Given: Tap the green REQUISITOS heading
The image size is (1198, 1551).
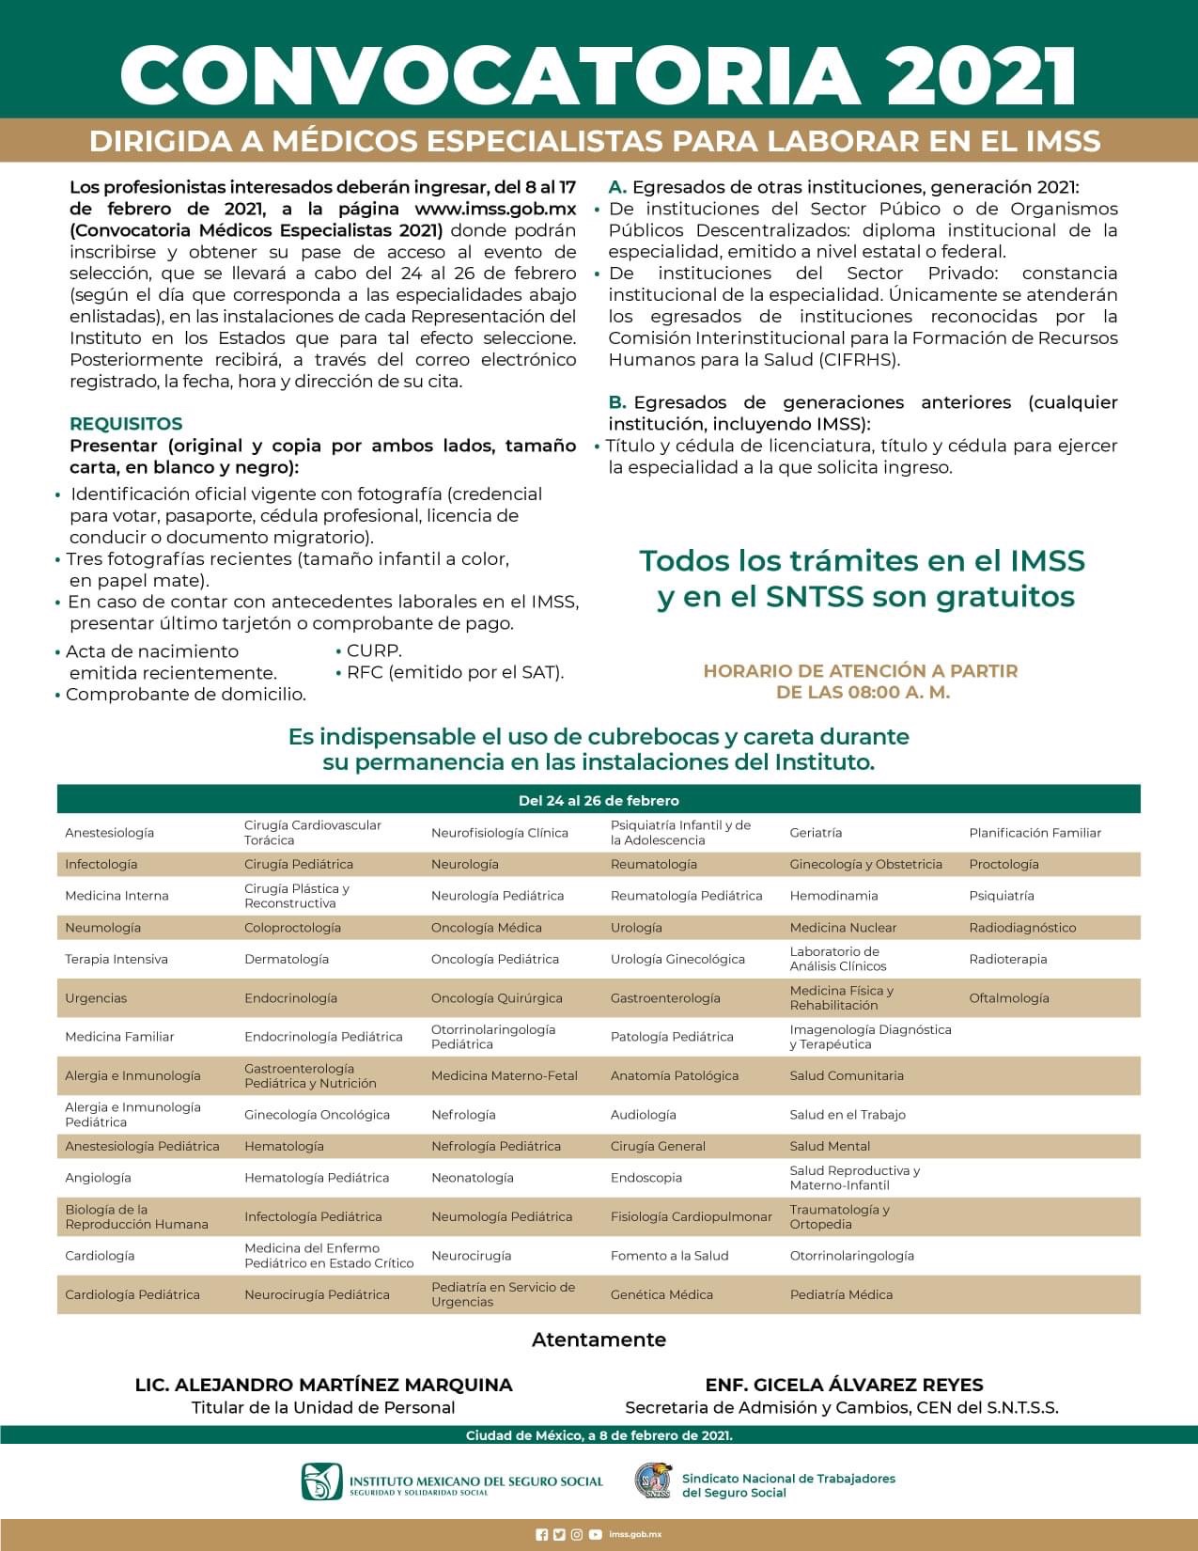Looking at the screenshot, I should [126, 423].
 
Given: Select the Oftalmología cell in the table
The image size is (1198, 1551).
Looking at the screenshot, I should [1009, 997].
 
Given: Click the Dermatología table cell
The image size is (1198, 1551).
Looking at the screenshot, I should [287, 959].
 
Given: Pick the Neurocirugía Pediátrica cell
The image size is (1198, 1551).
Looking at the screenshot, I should [317, 1294].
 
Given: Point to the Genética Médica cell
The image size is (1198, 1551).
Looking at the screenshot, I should [661, 1294].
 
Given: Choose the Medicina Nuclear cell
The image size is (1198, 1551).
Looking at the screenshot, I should [843, 927].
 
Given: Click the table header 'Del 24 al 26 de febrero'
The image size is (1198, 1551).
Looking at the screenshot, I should [599, 800].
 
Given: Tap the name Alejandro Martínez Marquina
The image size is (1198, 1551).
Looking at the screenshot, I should [324, 1385].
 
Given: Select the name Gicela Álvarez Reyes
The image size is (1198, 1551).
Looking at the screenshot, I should [844, 1385].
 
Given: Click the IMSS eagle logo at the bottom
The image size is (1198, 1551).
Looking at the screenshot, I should [321, 1481].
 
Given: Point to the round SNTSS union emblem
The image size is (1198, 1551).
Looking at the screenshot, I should [653, 1480].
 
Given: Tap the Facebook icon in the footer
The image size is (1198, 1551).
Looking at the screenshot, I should [541, 1534].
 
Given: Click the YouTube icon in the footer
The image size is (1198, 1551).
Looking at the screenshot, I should [596, 1534].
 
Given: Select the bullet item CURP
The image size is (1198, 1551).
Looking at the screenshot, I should [374, 650].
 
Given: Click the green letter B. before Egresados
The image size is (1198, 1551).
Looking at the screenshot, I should [617, 402].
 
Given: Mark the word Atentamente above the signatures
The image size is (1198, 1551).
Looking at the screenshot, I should [599, 1339].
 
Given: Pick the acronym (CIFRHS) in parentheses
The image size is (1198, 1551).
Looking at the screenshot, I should [859, 359].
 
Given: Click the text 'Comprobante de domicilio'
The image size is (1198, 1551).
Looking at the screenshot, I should [186, 695].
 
